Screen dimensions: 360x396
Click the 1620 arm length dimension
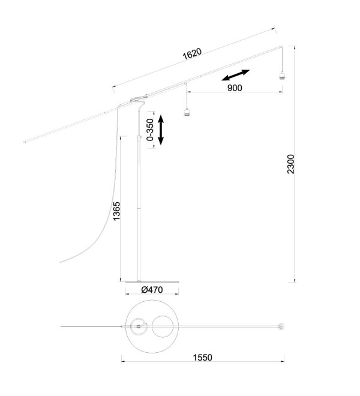pyautogui.click(x=192, y=54)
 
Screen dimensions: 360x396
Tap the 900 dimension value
pyautogui.click(x=235, y=88)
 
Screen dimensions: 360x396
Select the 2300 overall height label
pyautogui.click(x=291, y=164)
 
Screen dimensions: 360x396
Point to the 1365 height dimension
pyautogui.click(x=117, y=211)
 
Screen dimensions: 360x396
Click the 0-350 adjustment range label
pyautogui.click(x=150, y=130)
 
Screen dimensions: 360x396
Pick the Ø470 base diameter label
pyautogui.click(x=152, y=290)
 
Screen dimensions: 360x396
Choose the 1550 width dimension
pyautogui.click(x=203, y=358)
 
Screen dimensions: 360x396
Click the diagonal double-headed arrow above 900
pyautogui.click(x=236, y=75)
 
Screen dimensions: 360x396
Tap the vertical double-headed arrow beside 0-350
pyautogui.click(x=161, y=130)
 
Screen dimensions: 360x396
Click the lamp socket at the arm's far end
pyautogui.click(x=282, y=76)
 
